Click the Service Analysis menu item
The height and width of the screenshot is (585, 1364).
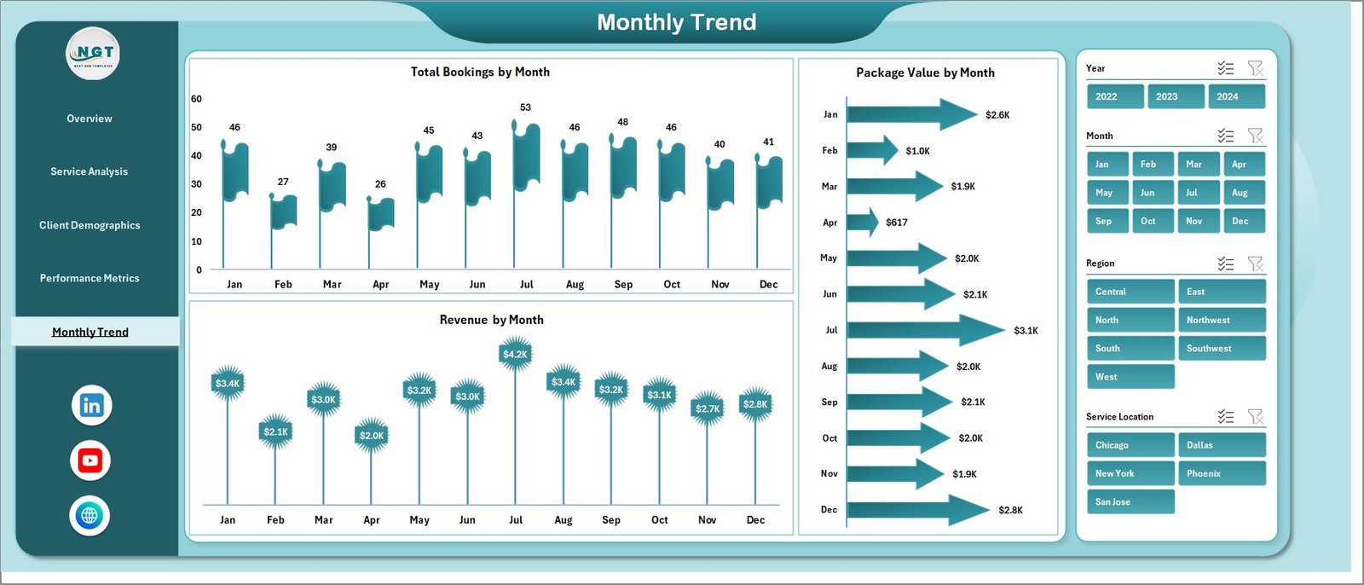(90, 171)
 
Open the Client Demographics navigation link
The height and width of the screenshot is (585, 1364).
(90, 225)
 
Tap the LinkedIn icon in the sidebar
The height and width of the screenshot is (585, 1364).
(91, 405)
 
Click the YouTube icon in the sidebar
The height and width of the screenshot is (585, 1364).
(90, 460)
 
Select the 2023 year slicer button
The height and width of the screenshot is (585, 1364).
(1176, 96)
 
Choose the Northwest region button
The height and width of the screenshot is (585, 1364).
(1220, 320)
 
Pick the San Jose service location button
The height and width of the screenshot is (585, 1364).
(1130, 501)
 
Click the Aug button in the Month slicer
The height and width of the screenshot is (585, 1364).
(1242, 193)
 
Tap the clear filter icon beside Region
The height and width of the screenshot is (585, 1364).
(1255, 264)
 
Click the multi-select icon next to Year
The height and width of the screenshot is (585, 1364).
(1226, 68)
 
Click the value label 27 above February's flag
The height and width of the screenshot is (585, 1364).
(283, 182)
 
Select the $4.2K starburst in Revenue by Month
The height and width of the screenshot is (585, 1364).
(515, 354)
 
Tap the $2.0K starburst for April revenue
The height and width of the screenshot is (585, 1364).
(372, 435)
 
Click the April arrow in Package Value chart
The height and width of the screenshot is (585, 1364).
(862, 223)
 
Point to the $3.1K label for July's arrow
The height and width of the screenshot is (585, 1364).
(1026, 331)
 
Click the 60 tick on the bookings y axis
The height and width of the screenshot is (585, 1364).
(196, 99)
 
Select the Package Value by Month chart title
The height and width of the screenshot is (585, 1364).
(925, 72)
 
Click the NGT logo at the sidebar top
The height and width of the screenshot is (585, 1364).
(93, 54)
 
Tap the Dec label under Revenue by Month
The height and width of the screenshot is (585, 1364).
(755, 519)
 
